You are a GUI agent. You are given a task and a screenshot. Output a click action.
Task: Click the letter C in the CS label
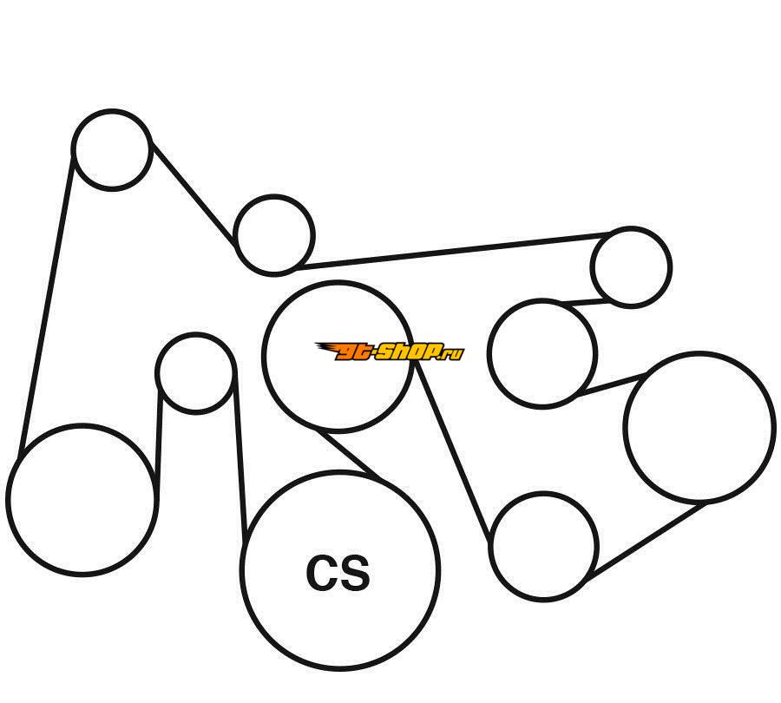coord(322,573)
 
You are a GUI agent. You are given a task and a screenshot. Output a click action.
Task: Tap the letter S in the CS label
coord(355,573)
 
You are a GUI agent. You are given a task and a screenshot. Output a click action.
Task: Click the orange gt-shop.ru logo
coord(389,351)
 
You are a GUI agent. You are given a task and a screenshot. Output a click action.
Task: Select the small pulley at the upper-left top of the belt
coord(112,149)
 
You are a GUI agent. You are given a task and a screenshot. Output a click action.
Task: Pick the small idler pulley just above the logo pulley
coord(273,234)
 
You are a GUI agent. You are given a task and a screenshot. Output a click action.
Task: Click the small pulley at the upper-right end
coord(631,266)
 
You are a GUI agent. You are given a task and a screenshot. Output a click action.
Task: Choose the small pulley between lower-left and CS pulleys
coord(195,372)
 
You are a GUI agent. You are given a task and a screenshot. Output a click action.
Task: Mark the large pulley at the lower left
coord(82,499)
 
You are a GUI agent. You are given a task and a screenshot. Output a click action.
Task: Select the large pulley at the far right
coord(699,427)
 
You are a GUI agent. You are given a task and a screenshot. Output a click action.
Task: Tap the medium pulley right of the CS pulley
coord(543,546)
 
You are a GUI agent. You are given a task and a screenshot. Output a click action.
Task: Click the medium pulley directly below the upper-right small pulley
coord(541,352)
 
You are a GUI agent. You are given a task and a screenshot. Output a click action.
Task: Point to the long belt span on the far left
coord(46,304)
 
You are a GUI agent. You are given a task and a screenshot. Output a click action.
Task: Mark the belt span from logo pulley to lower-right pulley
coord(453,451)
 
